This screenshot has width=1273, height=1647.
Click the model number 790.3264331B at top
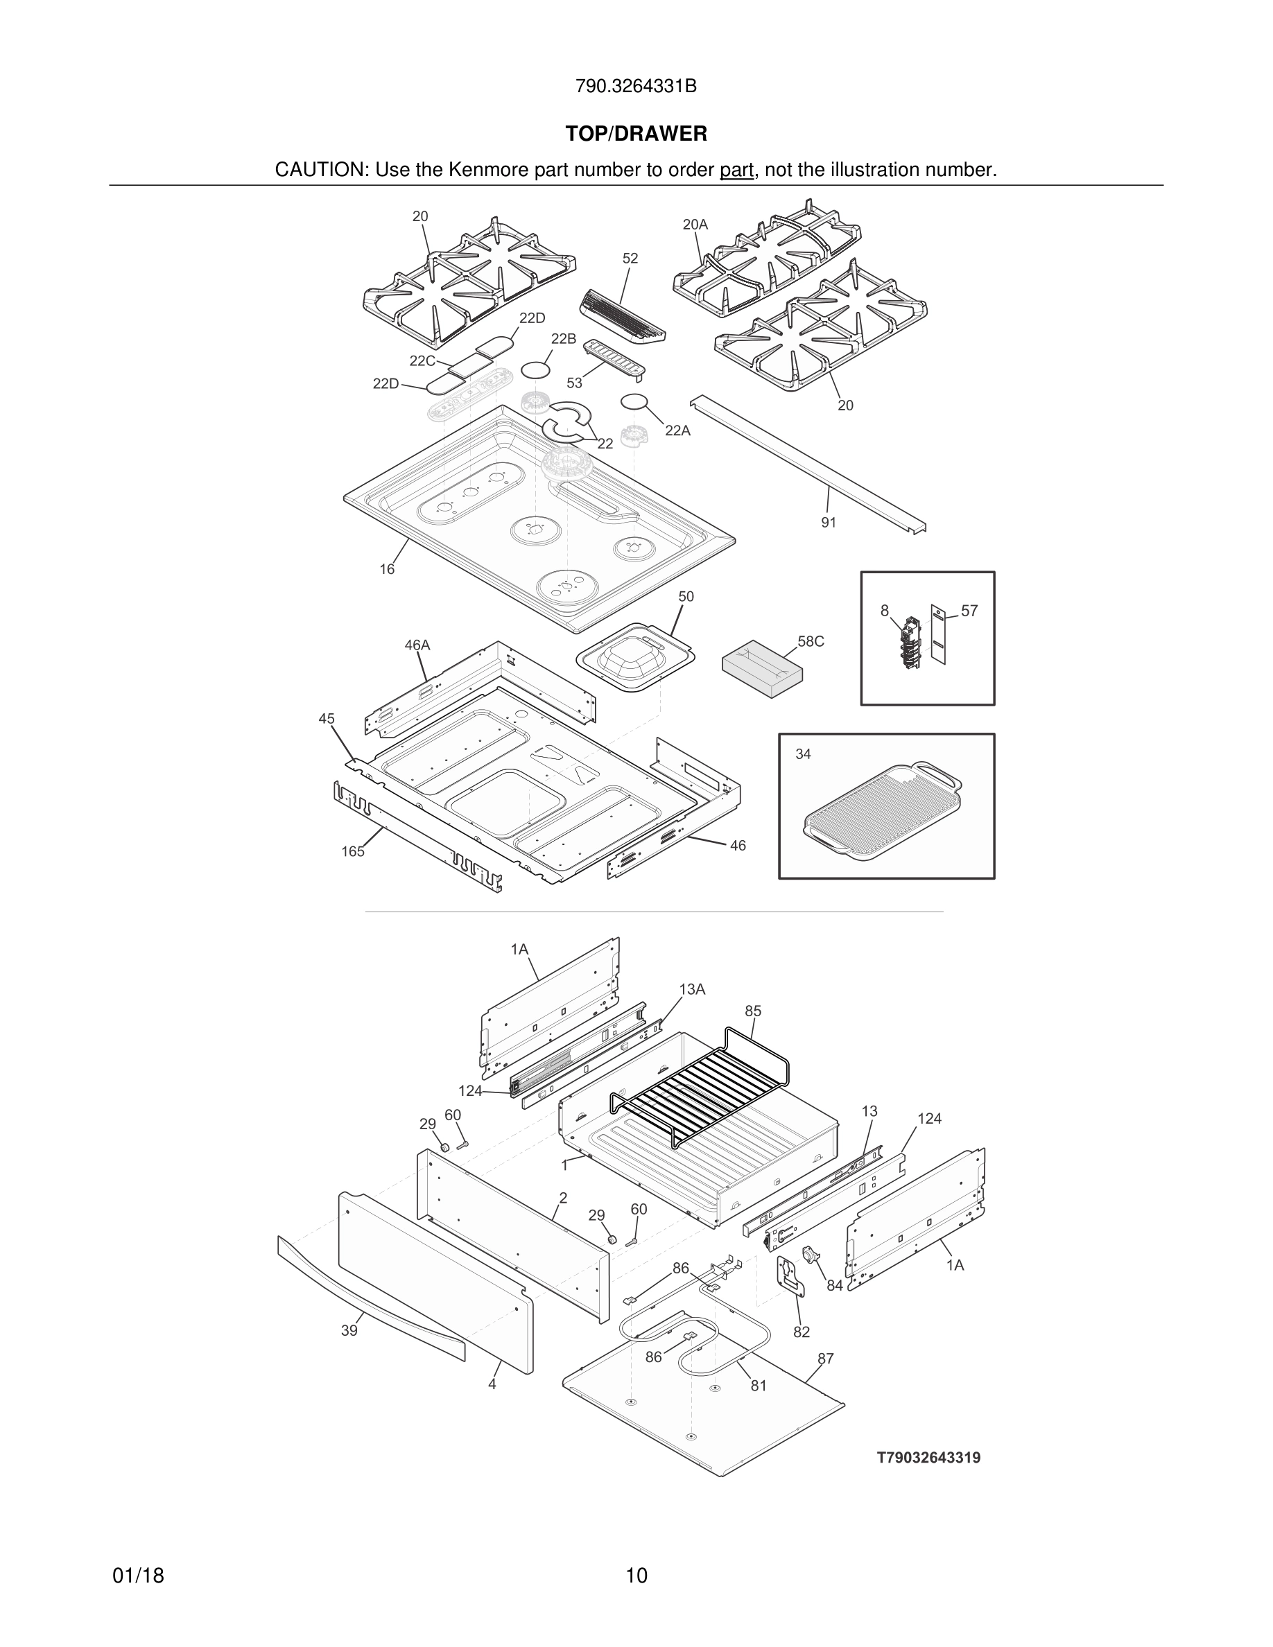click(636, 87)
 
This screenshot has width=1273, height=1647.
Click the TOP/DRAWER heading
click(636, 134)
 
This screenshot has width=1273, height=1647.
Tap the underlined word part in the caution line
click(736, 171)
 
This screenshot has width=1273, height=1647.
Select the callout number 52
click(630, 259)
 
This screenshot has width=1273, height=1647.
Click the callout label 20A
click(695, 225)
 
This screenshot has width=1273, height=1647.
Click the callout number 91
click(829, 523)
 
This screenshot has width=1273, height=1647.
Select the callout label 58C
click(811, 642)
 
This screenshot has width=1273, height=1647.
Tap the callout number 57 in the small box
click(969, 611)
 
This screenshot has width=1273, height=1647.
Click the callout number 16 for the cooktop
click(387, 569)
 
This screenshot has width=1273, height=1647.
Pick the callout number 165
click(352, 851)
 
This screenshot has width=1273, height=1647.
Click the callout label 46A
click(417, 645)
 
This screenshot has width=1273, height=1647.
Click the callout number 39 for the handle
click(349, 1331)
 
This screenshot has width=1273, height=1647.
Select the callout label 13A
click(691, 989)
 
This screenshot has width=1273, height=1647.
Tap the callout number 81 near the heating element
click(759, 1385)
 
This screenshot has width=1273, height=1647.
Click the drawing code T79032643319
click(928, 1458)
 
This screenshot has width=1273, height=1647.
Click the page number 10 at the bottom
click(636, 1576)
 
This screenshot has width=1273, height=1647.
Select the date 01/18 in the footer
click(138, 1576)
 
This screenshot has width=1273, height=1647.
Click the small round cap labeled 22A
click(634, 401)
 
